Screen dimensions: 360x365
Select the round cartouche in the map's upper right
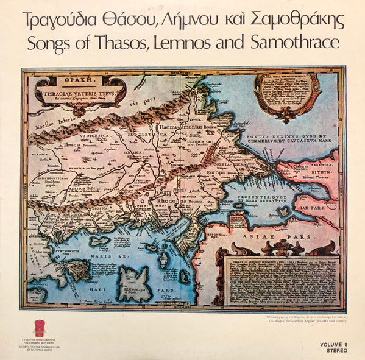click(286, 94)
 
